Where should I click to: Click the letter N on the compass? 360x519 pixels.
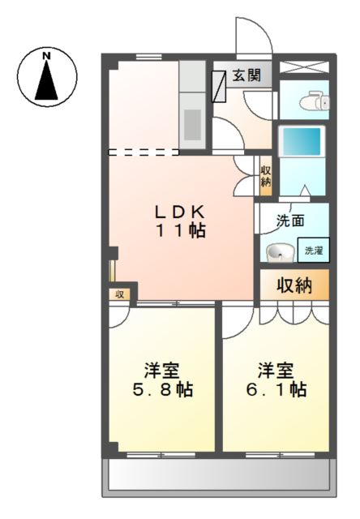(47, 55)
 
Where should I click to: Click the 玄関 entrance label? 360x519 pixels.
(246, 76)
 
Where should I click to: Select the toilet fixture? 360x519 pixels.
(311, 101)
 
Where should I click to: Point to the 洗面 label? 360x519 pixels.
(289, 220)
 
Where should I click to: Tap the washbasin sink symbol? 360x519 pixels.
(281, 253)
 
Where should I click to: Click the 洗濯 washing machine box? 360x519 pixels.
(313, 251)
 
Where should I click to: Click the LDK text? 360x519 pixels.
(180, 211)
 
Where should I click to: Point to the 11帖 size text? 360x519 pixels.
(180, 230)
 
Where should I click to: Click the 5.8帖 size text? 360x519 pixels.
(163, 390)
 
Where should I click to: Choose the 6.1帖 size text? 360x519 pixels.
(276, 390)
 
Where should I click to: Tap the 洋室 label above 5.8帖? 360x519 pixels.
(162, 370)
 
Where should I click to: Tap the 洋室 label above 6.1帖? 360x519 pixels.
(276, 370)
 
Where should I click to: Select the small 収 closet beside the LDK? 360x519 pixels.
(119, 294)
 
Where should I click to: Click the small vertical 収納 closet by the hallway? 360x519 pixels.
(265, 176)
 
